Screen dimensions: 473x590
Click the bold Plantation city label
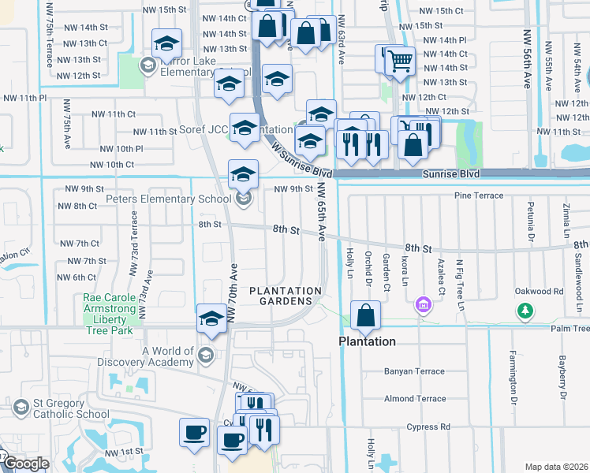click(x=367, y=341)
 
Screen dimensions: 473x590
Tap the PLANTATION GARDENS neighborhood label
click(x=286, y=298)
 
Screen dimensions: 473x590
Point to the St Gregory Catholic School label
click(x=71, y=408)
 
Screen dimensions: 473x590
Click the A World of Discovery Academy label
click(x=167, y=356)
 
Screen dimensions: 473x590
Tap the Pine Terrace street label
click(x=478, y=196)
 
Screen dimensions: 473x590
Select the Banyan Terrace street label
click(x=414, y=371)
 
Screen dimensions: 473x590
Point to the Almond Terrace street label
click(x=415, y=399)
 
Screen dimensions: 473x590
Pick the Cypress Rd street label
click(x=429, y=427)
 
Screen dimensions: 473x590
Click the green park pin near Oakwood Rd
click(x=525, y=311)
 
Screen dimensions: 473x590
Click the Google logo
click(x=25, y=464)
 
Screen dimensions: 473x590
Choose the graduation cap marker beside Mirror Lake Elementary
click(x=166, y=44)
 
